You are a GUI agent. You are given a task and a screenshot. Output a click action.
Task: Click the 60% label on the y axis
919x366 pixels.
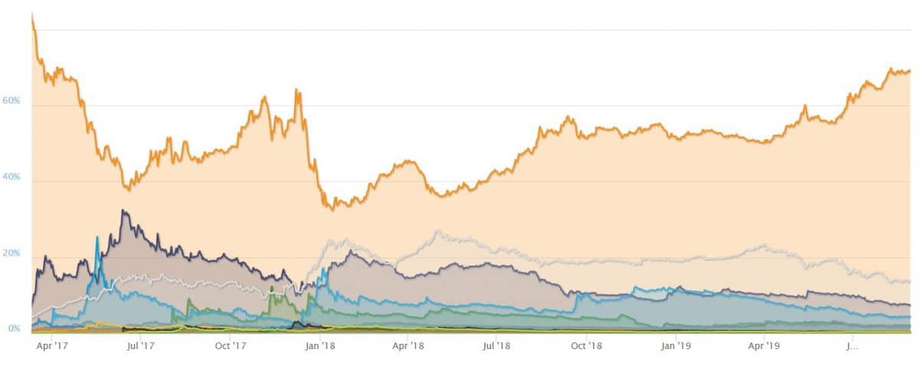click(x=11, y=101)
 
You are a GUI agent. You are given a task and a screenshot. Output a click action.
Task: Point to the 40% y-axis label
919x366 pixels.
click(x=11, y=177)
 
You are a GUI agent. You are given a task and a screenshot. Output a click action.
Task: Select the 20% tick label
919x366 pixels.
click(x=11, y=253)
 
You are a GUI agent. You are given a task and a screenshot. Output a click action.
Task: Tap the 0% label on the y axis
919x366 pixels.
click(x=14, y=328)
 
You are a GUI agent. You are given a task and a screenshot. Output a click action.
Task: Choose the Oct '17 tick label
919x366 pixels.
click(x=230, y=345)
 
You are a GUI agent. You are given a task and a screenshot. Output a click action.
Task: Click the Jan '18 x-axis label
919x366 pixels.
click(x=319, y=345)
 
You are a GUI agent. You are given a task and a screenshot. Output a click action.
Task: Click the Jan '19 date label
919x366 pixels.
click(x=675, y=345)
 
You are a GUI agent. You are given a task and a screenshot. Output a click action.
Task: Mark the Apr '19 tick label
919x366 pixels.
click(x=764, y=345)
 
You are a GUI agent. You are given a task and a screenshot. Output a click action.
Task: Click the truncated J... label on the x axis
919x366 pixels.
click(x=852, y=345)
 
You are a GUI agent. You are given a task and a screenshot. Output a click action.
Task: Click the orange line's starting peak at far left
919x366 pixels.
click(x=32, y=15)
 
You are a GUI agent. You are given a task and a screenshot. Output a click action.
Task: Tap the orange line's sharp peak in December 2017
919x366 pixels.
click(x=296, y=90)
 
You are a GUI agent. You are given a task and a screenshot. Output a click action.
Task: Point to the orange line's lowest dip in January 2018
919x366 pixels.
click(x=331, y=208)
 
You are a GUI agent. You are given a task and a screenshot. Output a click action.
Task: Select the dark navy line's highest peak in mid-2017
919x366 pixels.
click(x=123, y=211)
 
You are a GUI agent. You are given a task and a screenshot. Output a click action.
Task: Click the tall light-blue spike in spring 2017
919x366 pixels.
click(x=97, y=238)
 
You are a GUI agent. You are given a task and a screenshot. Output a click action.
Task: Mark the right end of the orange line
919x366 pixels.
click(x=910, y=72)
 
